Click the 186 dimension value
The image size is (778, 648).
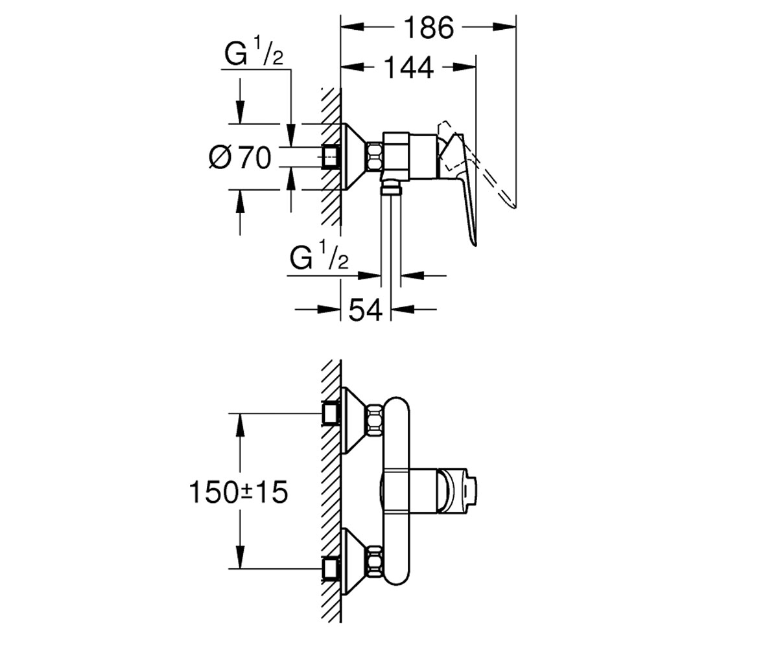click(429, 28)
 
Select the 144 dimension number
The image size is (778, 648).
click(408, 67)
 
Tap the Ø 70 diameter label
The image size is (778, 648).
click(240, 157)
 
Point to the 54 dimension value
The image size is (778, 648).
click(365, 310)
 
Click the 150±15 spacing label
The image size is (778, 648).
click(239, 492)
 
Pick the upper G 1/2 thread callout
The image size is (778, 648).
click(253, 51)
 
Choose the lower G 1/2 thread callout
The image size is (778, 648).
click(319, 255)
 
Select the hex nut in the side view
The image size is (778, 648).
click(375, 157)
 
